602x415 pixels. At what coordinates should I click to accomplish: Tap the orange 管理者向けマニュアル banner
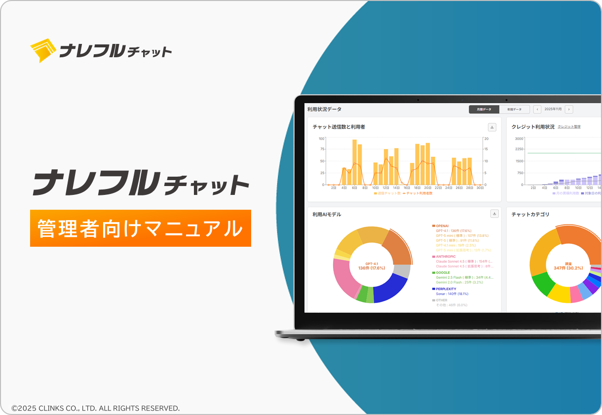tap(141, 228)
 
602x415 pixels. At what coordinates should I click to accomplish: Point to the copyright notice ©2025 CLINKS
tap(96, 408)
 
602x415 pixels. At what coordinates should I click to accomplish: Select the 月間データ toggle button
tap(484, 109)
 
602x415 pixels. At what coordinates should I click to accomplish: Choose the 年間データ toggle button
tap(514, 109)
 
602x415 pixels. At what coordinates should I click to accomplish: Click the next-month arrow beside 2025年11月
tap(569, 109)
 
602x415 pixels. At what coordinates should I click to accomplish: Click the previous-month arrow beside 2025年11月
tap(537, 109)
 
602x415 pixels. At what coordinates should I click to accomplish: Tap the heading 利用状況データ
tap(324, 109)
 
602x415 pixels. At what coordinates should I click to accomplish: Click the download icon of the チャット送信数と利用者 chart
tap(492, 127)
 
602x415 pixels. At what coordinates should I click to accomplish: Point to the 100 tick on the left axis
tap(321, 139)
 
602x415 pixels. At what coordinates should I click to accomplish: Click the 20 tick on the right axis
tap(486, 139)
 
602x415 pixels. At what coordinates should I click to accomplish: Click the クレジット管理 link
tap(569, 127)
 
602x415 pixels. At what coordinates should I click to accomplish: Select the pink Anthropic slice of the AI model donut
tap(343, 277)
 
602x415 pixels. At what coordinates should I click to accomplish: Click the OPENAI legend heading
tap(442, 226)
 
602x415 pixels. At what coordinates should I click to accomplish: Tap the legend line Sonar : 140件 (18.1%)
tap(452, 294)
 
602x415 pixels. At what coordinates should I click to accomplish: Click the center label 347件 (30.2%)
tap(568, 268)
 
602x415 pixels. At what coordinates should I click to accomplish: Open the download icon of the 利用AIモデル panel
tap(494, 214)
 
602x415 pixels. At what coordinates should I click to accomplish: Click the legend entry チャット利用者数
tap(419, 193)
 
